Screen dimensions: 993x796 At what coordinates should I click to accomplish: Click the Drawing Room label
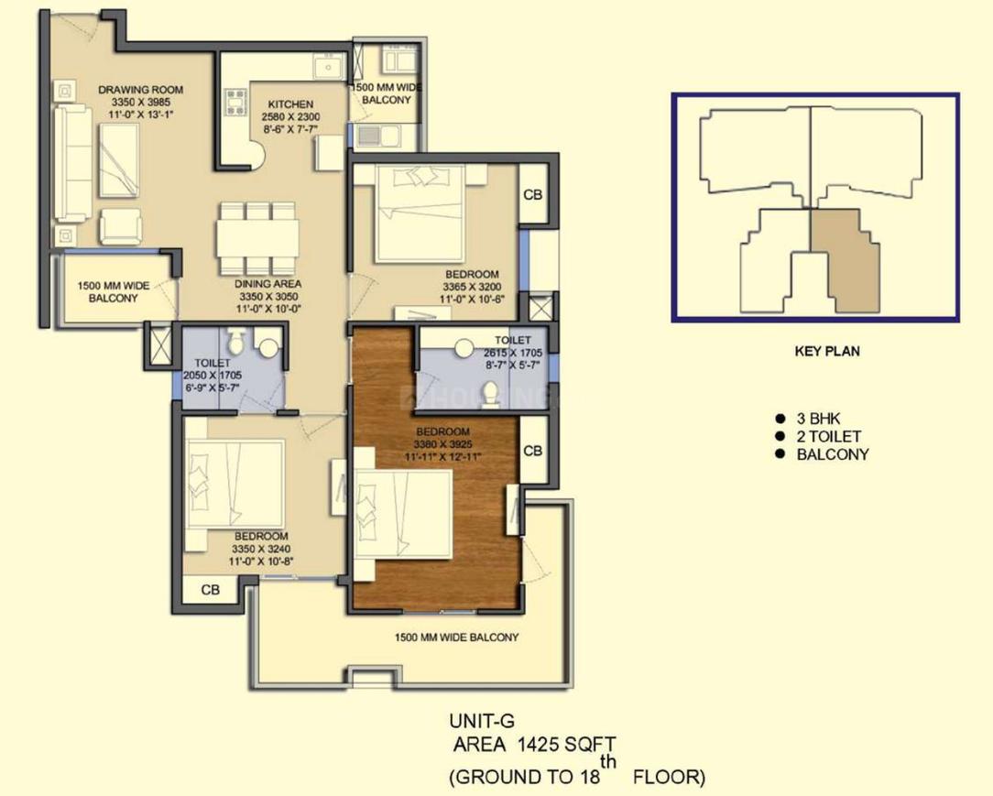pyautogui.click(x=140, y=90)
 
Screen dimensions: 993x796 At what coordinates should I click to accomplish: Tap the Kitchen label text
pyautogui.click(x=290, y=104)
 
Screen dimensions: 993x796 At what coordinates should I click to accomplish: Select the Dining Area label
pyautogui.click(x=267, y=284)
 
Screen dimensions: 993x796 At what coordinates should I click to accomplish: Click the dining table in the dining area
pyautogui.click(x=257, y=238)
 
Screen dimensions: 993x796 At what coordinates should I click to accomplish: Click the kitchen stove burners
pyautogui.click(x=235, y=102)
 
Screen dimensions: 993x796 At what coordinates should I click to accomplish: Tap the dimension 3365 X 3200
pyautogui.click(x=472, y=286)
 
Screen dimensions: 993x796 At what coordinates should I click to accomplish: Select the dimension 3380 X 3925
pyautogui.click(x=443, y=444)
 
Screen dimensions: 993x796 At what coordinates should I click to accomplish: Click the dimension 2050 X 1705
pyautogui.click(x=213, y=375)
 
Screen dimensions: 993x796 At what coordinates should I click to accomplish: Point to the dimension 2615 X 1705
pyautogui.click(x=513, y=353)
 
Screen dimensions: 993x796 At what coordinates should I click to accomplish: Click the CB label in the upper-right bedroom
pyautogui.click(x=532, y=195)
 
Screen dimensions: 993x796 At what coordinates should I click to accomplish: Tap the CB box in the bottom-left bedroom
pyautogui.click(x=211, y=590)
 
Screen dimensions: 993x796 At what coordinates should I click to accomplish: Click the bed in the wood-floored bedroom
pyautogui.click(x=403, y=514)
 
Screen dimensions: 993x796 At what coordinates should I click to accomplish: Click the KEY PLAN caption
pyautogui.click(x=827, y=351)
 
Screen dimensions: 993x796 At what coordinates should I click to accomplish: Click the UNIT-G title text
pyautogui.click(x=482, y=721)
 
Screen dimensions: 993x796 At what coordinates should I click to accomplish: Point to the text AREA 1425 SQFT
pyautogui.click(x=534, y=745)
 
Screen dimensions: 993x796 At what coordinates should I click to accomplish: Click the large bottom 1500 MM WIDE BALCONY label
pyautogui.click(x=456, y=637)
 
